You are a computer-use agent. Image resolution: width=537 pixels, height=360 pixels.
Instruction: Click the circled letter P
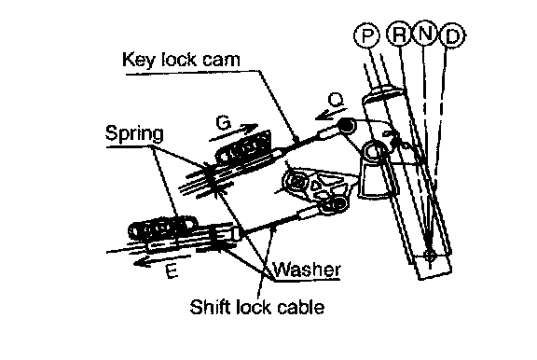366,35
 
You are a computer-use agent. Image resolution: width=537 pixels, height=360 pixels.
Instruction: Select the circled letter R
399,34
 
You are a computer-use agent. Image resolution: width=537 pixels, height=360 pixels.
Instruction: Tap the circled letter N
425,34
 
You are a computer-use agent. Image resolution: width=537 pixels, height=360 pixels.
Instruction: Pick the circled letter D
452,35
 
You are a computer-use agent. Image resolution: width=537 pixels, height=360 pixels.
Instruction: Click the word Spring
134,133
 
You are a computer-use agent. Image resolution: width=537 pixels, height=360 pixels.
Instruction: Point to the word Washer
308,270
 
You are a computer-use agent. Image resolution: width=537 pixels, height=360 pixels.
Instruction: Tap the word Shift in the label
209,306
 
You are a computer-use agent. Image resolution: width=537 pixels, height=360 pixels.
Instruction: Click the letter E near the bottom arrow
172,271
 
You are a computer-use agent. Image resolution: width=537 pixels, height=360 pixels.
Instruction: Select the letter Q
336,100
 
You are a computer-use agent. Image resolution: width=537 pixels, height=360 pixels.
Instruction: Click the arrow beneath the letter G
233,132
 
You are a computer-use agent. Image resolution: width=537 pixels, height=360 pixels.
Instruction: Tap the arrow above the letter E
162,260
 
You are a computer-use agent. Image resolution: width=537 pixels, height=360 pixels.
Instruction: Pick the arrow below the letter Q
330,114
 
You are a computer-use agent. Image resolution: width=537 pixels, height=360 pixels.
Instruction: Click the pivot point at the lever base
430,256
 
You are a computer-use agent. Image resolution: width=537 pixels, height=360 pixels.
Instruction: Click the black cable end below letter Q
347,125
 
